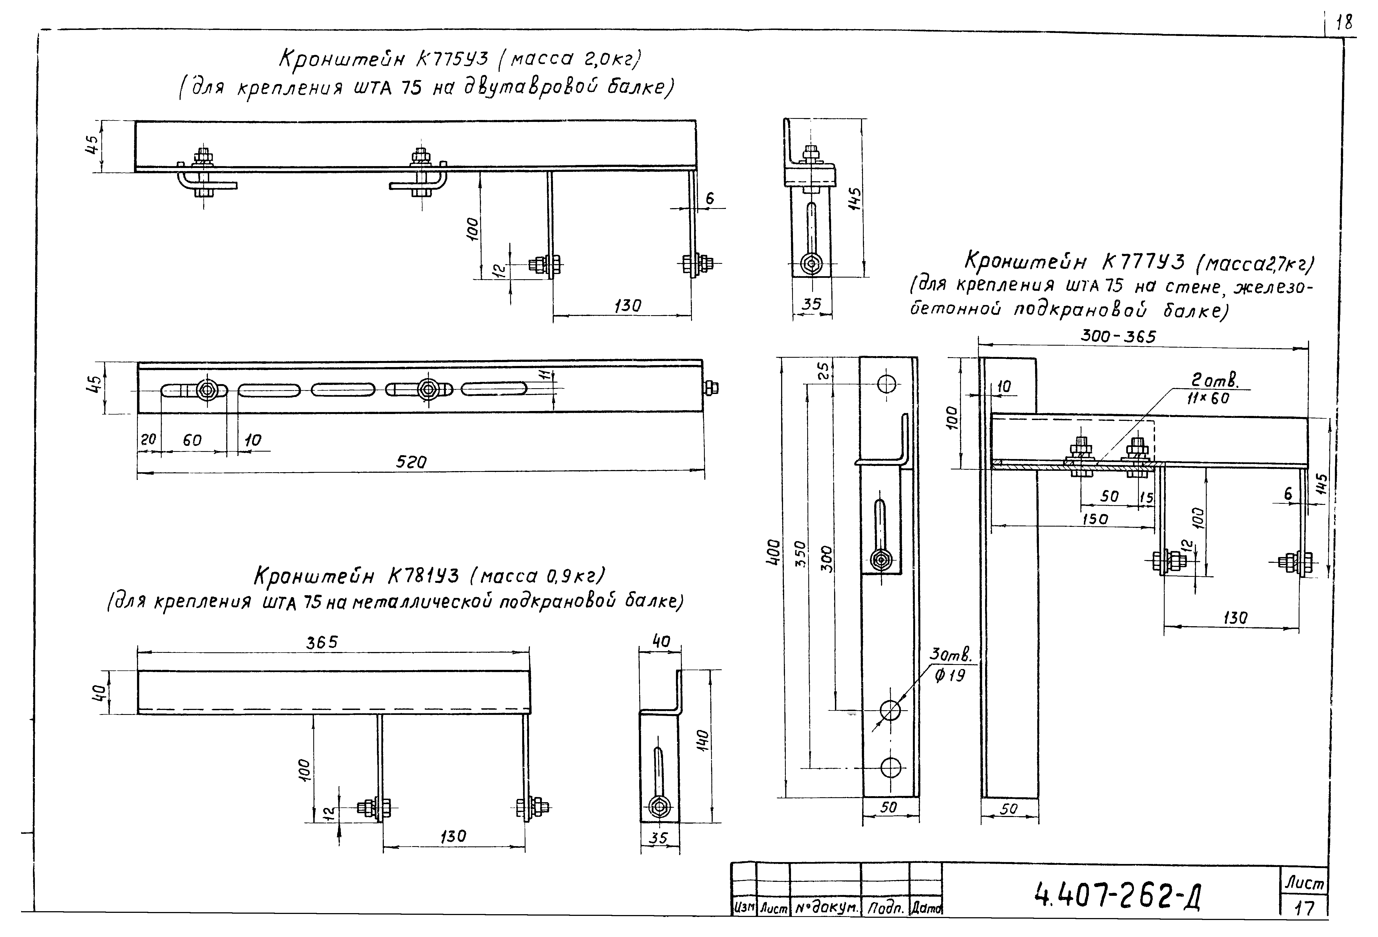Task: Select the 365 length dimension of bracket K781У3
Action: point(322,642)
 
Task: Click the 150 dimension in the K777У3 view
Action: point(1095,519)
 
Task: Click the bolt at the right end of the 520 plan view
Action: point(711,388)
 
